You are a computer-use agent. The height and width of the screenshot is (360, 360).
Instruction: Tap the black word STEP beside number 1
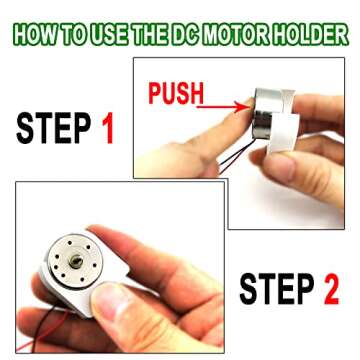54,127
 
